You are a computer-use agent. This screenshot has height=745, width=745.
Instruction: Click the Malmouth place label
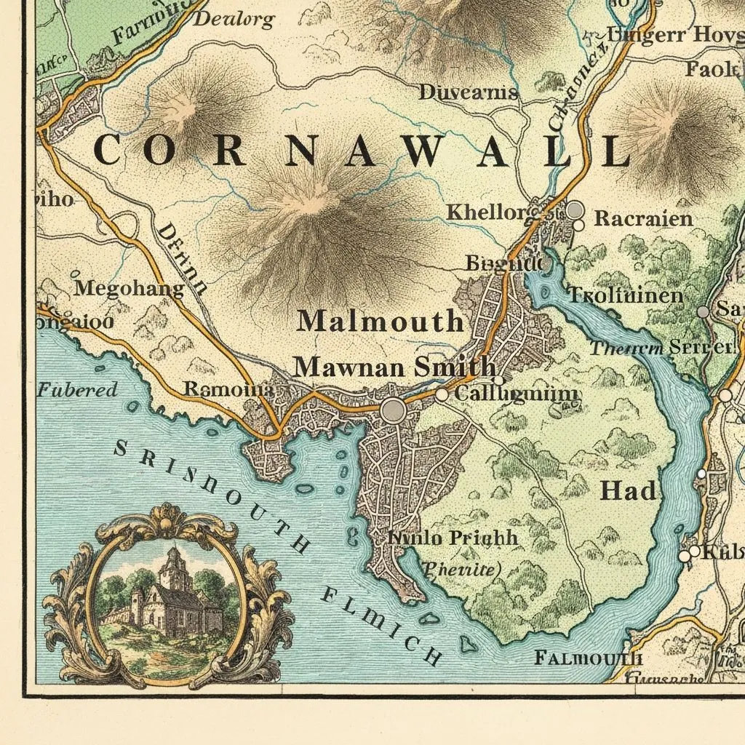(381, 321)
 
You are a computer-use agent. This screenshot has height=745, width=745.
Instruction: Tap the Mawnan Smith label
(394, 367)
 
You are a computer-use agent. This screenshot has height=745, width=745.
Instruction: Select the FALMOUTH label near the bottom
(589, 658)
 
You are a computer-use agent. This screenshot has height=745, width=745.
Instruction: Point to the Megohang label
(130, 288)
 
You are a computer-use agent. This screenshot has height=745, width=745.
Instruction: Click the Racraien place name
(643, 218)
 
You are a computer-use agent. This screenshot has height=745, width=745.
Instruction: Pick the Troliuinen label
(625, 295)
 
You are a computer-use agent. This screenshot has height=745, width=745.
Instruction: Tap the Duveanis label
(469, 92)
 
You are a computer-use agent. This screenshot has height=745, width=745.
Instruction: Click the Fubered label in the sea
(78, 390)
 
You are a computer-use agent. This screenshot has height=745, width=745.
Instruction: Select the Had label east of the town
(628, 491)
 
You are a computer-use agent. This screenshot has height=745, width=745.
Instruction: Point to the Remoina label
(228, 389)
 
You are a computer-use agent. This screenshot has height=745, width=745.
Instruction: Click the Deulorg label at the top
(234, 20)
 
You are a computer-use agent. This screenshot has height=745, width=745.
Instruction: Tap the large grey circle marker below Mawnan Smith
(393, 410)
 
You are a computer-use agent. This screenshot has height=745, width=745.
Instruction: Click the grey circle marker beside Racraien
(575, 210)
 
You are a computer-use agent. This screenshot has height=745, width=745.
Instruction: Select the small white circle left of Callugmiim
(442, 394)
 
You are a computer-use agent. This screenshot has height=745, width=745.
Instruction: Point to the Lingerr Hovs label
(675, 34)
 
